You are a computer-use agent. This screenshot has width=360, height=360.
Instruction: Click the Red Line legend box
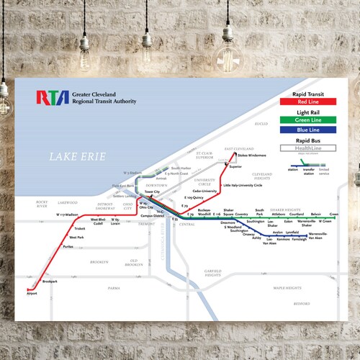(x=309, y=102)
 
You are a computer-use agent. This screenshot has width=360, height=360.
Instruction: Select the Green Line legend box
(x=309, y=119)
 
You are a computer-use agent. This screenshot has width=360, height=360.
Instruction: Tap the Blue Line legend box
(x=309, y=130)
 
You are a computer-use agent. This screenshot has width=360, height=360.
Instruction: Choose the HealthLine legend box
(x=309, y=148)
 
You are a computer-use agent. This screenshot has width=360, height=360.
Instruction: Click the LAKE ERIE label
(x=78, y=156)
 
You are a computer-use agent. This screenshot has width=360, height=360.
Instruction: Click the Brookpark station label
(x=50, y=282)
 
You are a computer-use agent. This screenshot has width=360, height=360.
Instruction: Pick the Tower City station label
(x=152, y=192)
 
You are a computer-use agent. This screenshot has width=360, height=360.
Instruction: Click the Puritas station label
(x=68, y=247)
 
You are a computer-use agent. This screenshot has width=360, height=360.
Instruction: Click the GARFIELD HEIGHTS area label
(x=212, y=274)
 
